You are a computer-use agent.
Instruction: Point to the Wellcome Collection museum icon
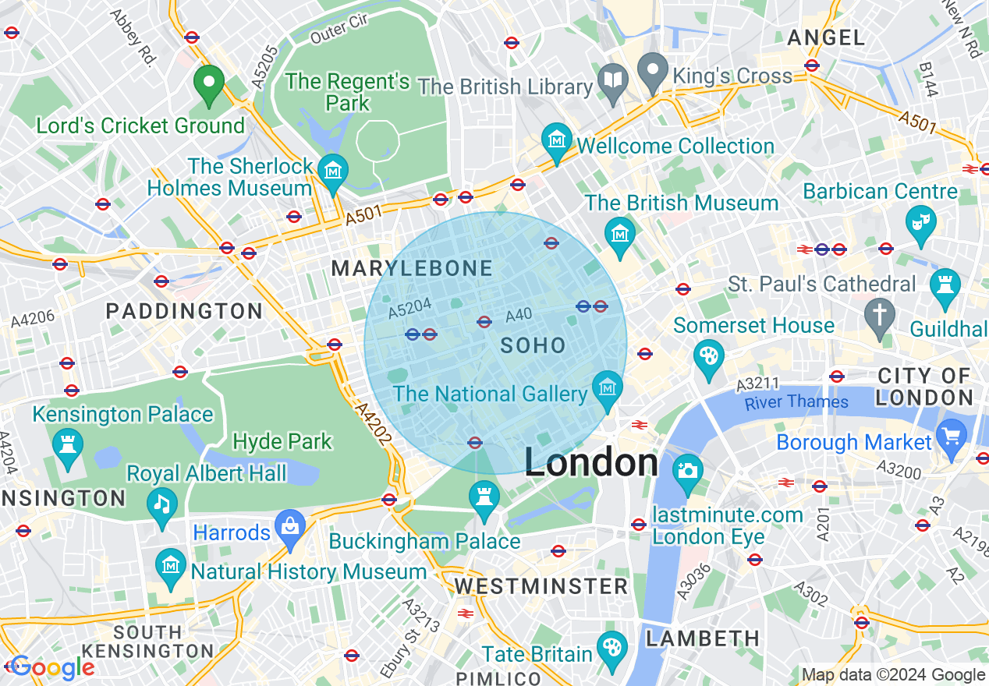click(557, 141)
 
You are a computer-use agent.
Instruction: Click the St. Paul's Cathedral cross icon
click(881, 315)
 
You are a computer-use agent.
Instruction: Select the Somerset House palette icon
click(708, 357)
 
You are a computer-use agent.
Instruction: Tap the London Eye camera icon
click(687, 471)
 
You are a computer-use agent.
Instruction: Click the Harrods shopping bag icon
click(290, 525)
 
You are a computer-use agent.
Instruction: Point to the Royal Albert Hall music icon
click(162, 504)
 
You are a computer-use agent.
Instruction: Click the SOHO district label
click(533, 345)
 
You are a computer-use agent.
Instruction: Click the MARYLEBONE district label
click(412, 269)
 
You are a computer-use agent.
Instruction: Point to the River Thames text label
click(796, 402)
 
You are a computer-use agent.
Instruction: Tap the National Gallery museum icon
click(607, 387)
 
